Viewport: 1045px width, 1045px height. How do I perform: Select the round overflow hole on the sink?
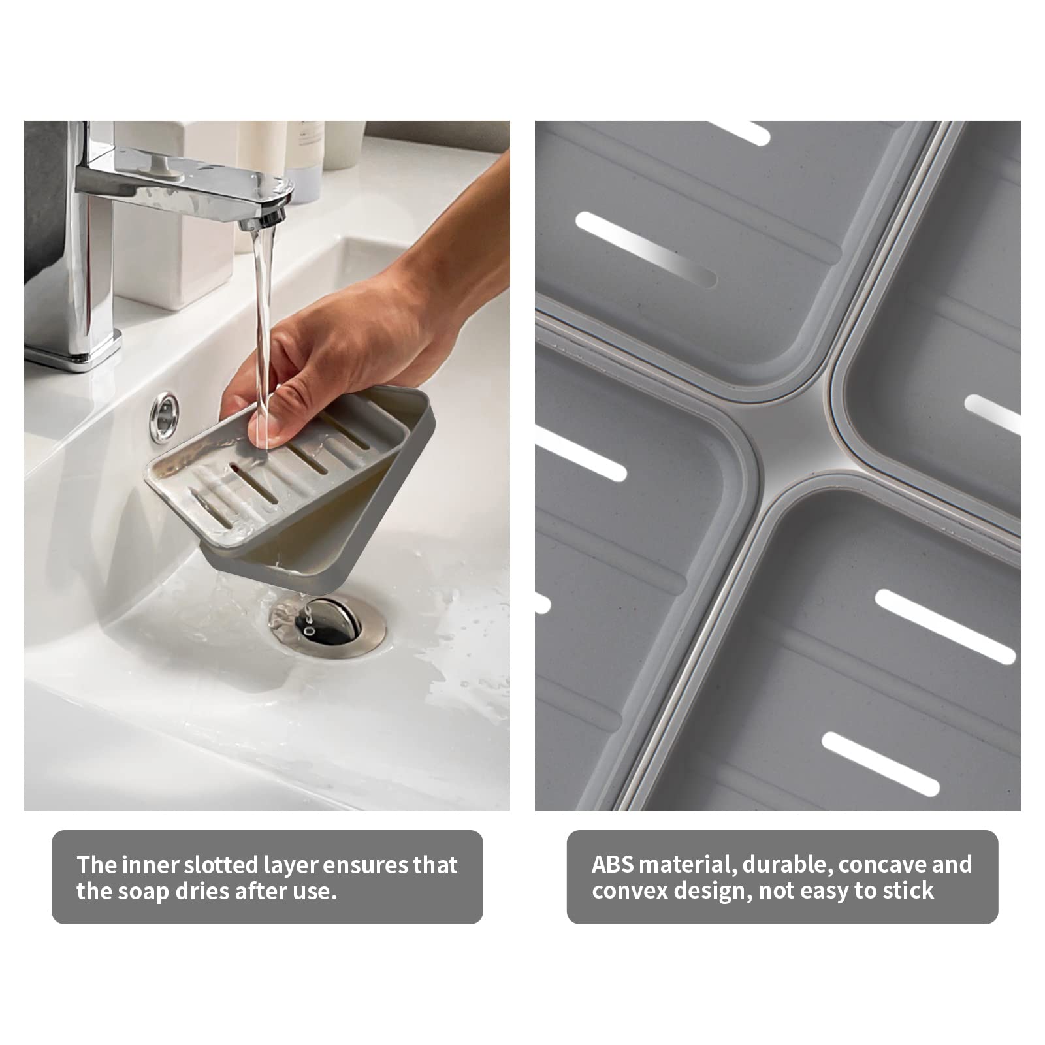[165, 410]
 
